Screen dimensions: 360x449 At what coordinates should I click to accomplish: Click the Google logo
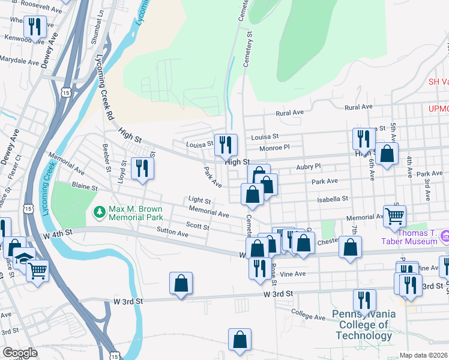pyautogui.click(x=20, y=352)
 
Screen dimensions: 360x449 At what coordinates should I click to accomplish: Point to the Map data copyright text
pyautogui.click(x=424, y=355)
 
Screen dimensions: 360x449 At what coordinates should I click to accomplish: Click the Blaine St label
pyautogui.click(x=85, y=187)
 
